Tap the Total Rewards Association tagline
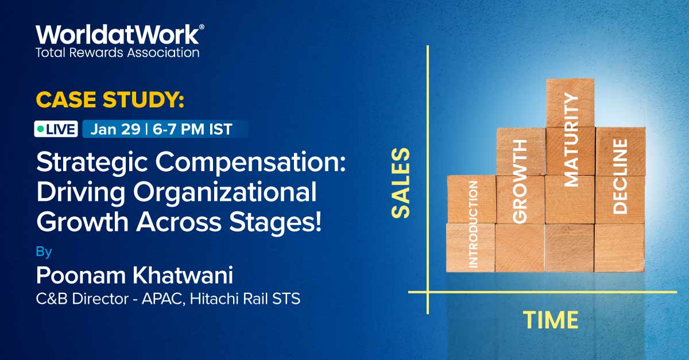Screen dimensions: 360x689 pos(118,53)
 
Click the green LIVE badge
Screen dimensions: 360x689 pos(56,129)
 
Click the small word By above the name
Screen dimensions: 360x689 pos(44,251)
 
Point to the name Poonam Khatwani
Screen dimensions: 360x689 pos(134,276)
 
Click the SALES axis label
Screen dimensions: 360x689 pos(401,183)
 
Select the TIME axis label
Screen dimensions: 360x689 pos(550,320)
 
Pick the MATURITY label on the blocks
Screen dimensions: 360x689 pos(571,140)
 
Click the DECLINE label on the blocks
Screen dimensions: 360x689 pos(620,176)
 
